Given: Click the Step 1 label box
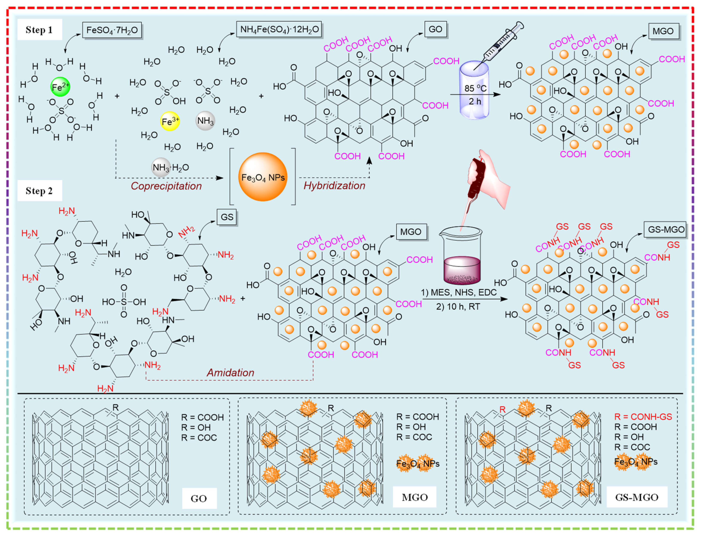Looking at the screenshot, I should pyautogui.click(x=39, y=30).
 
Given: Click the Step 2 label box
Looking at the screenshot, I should pyautogui.click(x=39, y=191).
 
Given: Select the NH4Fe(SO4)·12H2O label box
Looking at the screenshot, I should pyautogui.click(x=279, y=29).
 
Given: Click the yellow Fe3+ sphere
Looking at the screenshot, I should pyautogui.click(x=170, y=121).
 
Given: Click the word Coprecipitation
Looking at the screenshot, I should pyautogui.click(x=166, y=186).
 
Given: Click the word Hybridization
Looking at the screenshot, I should pyautogui.click(x=334, y=186).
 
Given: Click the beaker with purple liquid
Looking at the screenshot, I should pyautogui.click(x=461, y=256).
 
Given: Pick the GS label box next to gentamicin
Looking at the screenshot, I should pyautogui.click(x=227, y=217).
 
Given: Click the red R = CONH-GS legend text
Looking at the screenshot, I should pyautogui.click(x=643, y=417).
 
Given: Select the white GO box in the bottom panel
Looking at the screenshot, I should pyautogui.click(x=199, y=498).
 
